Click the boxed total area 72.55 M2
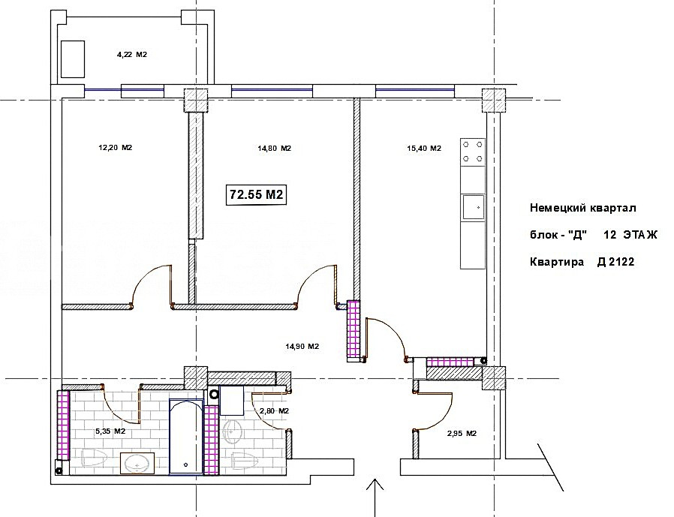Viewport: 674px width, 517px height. click(x=256, y=194)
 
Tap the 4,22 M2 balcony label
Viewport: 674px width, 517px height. click(x=132, y=55)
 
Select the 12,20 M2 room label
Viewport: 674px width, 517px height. click(x=115, y=148)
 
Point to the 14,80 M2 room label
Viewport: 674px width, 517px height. click(x=274, y=149)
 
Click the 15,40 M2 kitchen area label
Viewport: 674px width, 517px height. click(x=424, y=149)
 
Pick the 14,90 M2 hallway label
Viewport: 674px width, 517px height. click(x=302, y=347)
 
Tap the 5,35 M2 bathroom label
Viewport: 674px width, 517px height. click(x=110, y=431)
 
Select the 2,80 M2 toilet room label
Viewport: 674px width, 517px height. click(x=274, y=411)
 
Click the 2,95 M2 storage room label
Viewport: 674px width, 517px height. click(x=462, y=433)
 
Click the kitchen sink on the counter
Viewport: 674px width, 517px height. click(x=473, y=208)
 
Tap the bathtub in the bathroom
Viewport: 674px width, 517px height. click(x=185, y=437)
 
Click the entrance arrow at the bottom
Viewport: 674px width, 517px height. click(x=375, y=497)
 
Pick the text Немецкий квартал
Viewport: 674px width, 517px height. click(x=583, y=209)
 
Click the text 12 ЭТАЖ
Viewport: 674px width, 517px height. click(x=630, y=235)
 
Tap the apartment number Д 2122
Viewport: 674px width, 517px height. click(x=615, y=262)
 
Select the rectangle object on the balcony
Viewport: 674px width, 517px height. click(x=73, y=59)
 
